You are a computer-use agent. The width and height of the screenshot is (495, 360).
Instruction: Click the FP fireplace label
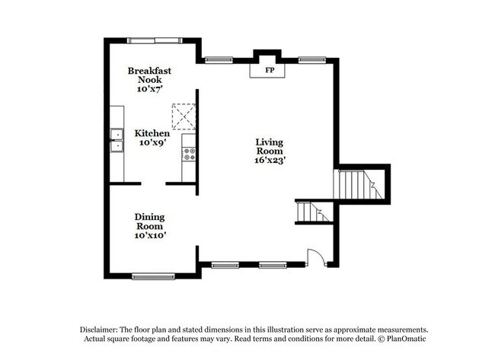click(269, 70)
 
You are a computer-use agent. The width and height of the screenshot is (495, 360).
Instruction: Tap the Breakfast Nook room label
click(149, 75)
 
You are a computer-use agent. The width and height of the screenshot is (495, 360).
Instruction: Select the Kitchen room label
click(152, 133)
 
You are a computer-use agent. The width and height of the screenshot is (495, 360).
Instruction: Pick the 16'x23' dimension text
click(270, 161)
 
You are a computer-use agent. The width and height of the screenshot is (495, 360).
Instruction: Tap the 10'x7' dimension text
click(149, 89)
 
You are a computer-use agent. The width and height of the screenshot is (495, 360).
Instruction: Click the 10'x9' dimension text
click(152, 143)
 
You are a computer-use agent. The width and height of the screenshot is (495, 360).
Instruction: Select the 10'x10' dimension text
click(150, 236)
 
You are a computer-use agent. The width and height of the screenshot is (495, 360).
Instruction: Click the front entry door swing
click(317, 257)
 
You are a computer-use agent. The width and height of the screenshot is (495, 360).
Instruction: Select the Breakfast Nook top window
click(155, 40)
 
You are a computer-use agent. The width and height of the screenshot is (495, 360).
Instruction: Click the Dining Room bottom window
click(153, 276)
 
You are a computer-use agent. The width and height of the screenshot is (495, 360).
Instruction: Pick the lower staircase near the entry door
click(312, 212)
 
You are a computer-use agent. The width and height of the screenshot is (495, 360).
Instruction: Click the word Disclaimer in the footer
click(102, 329)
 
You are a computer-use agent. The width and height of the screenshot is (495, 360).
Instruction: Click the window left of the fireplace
click(219, 59)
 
